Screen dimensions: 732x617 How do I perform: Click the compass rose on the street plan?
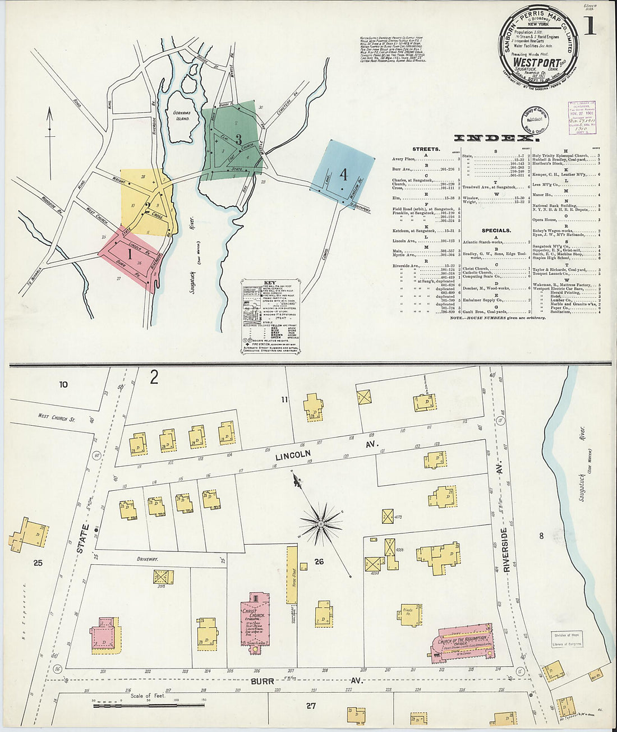coord(320,524)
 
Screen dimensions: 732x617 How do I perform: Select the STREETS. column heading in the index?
coord(426,150)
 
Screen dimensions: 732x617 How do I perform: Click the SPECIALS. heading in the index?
coord(496,231)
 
